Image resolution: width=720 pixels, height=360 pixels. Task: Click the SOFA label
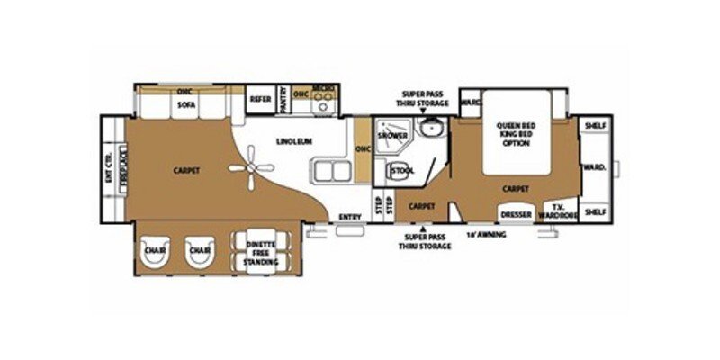pyautogui.click(x=186, y=105)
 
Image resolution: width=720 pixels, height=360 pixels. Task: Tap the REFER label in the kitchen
pyautogui.click(x=261, y=100)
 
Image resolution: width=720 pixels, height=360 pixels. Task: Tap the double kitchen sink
pyautogui.click(x=329, y=170)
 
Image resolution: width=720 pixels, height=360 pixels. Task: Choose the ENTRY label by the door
pyautogui.click(x=350, y=216)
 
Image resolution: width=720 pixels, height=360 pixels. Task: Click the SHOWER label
pyautogui.click(x=392, y=136)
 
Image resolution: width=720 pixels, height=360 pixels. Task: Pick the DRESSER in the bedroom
pyautogui.click(x=516, y=215)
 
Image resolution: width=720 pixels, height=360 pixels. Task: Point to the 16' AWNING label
pyautogui.click(x=486, y=235)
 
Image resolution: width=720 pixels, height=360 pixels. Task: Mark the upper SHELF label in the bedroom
pyautogui.click(x=594, y=124)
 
